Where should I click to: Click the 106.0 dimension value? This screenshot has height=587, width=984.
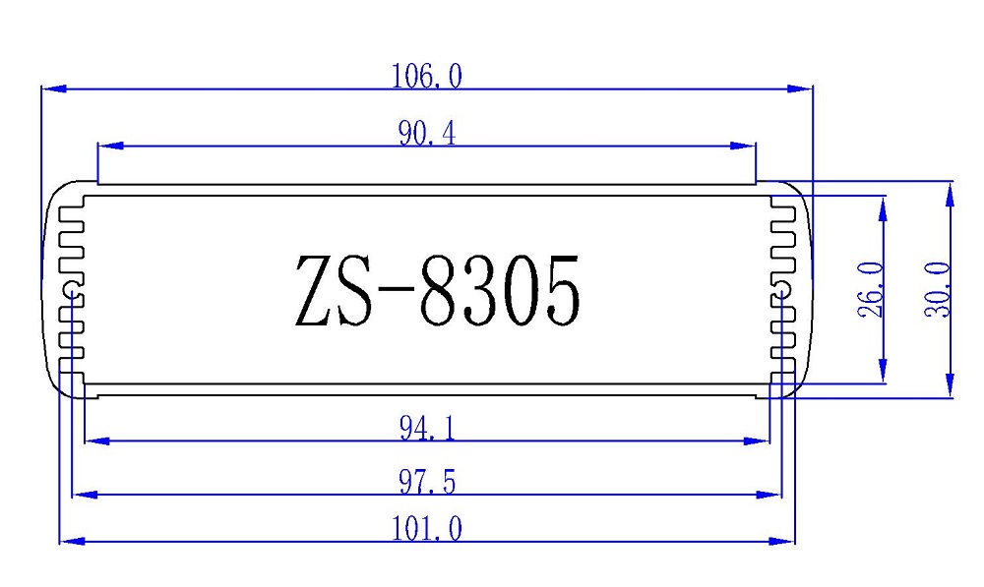point(426,77)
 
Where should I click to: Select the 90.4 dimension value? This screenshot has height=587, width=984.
point(426,134)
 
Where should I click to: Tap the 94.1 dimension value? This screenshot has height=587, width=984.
point(426,429)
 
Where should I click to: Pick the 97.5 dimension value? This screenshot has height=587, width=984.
point(426,483)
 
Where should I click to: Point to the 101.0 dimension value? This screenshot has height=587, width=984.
point(426,529)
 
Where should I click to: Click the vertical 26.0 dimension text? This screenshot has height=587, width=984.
point(869,289)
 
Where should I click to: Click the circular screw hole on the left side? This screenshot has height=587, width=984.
point(72,290)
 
